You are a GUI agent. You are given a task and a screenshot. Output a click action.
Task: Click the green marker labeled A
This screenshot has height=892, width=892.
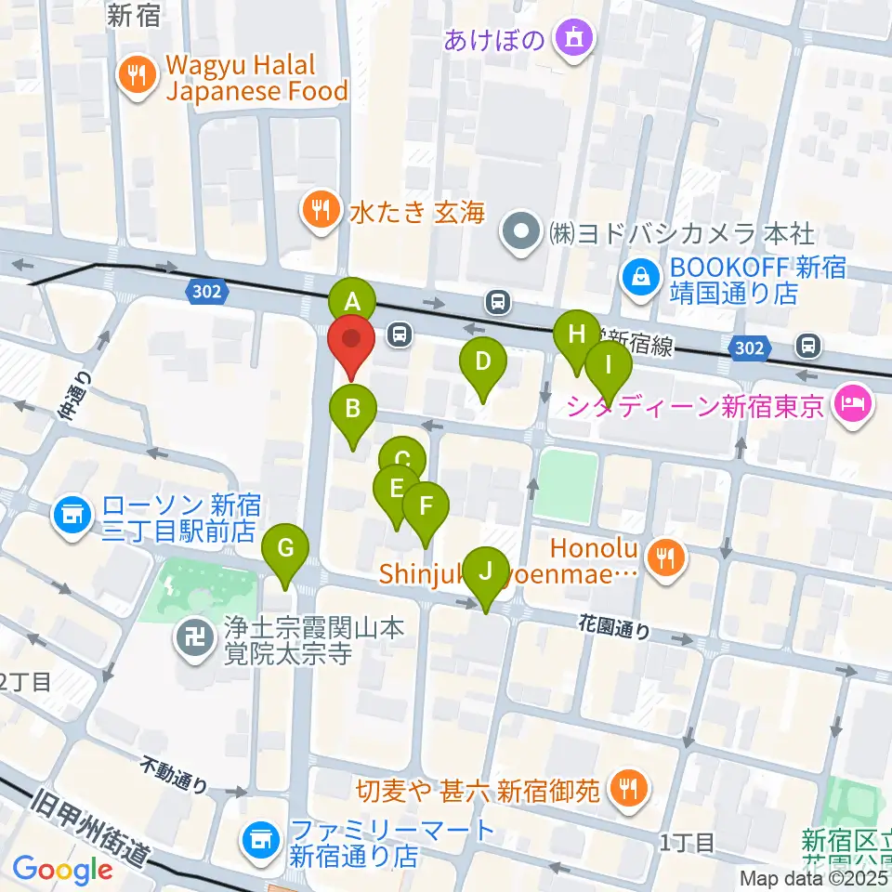tap(352, 301)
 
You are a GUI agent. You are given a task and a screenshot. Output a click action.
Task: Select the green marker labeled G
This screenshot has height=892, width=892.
tap(285, 548)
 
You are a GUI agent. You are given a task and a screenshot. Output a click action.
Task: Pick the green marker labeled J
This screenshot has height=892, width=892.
tap(485, 571)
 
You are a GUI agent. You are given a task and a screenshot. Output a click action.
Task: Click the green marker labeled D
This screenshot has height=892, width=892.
tap(482, 361)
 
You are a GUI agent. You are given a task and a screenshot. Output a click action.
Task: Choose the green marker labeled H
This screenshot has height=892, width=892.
tap(577, 334)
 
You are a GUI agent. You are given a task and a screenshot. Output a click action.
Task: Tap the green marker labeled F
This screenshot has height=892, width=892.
tap(426, 507)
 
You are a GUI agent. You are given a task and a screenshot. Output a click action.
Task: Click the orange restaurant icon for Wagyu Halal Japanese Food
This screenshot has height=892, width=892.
tap(138, 78)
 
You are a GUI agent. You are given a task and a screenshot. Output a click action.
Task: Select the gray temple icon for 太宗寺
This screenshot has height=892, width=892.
tap(196, 641)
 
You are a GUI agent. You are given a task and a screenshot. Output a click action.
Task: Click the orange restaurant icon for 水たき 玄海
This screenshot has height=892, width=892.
tap(321, 210)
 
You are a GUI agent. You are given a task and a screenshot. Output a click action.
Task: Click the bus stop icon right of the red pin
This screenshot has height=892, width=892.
tap(400, 334)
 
